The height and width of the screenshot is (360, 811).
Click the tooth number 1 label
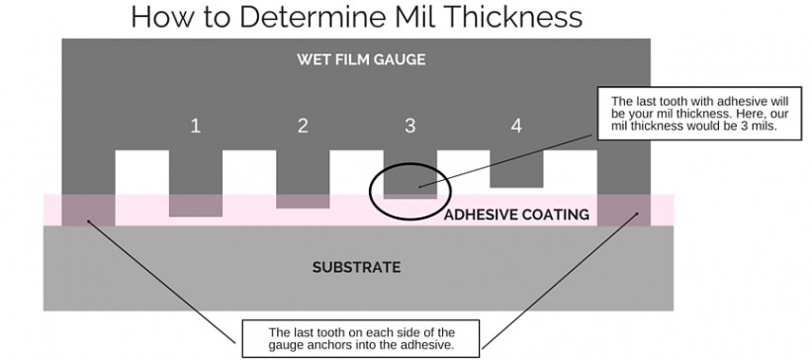(196, 127)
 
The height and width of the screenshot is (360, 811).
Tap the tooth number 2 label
(303, 127)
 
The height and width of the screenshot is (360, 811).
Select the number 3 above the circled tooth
(410, 127)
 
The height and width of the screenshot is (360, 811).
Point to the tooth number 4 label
(515, 127)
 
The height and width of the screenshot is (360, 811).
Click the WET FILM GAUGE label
(361, 59)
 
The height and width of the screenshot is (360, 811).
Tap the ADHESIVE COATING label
(516, 215)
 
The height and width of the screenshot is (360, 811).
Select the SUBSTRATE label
(356, 267)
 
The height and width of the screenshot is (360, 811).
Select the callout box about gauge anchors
(360, 338)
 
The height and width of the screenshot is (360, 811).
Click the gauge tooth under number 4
(516, 170)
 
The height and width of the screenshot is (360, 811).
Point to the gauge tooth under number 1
(196, 183)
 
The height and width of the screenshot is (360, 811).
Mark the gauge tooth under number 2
(303, 178)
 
